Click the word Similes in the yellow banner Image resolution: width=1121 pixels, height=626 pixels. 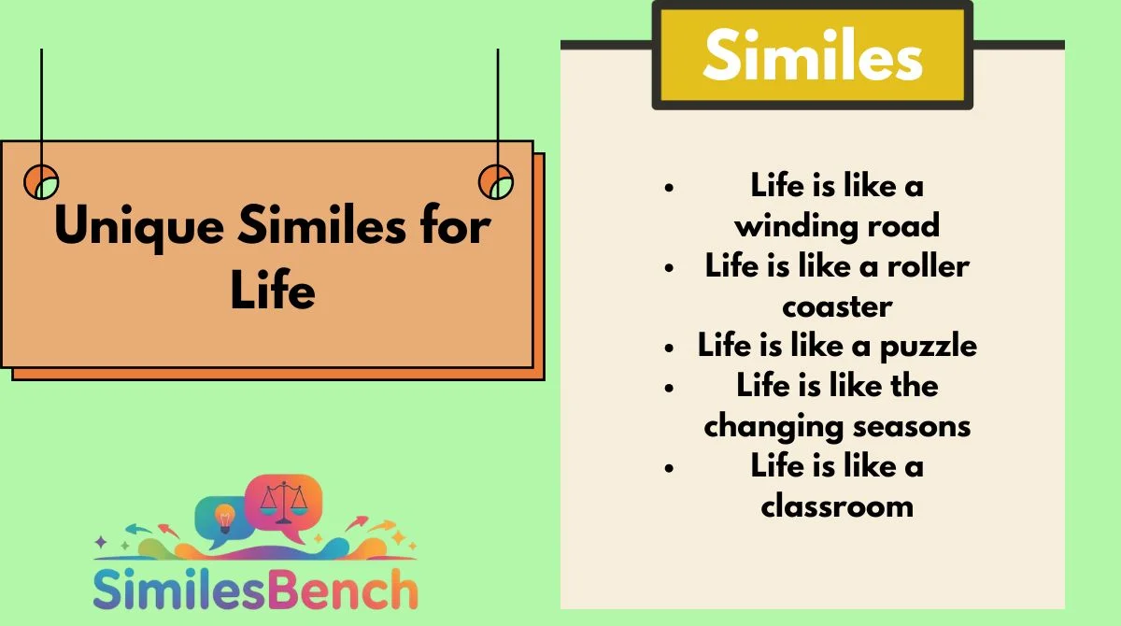[813, 54]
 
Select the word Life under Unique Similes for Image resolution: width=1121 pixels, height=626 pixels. [273, 290]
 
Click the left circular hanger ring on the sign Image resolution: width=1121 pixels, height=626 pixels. [41, 182]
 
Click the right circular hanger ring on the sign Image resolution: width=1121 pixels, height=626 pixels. [496, 182]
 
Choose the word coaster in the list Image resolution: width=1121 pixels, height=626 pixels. [837, 307]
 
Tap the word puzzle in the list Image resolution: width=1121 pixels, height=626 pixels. [929, 347]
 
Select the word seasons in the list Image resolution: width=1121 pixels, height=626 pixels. [912, 427]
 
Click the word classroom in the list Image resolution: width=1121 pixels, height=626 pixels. [837, 505]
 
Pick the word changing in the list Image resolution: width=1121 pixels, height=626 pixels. [773, 427]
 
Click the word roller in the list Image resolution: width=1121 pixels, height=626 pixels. [929, 265]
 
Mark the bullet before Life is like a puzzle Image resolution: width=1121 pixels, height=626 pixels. [669, 348]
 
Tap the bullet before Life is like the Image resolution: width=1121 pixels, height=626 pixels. [669, 388]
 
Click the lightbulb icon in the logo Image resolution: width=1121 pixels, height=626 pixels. [225, 519]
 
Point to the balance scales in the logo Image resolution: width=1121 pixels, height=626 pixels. [284, 502]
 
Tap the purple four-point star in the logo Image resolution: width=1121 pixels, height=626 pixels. [101, 541]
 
